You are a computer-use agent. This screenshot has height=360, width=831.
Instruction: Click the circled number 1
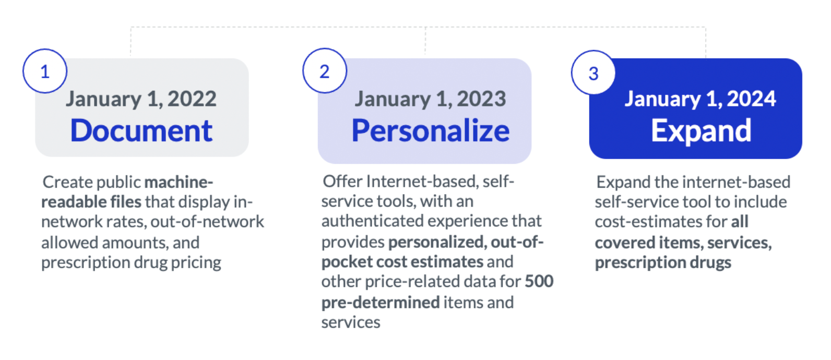coord(45,71)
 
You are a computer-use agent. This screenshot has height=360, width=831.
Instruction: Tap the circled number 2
coord(325,70)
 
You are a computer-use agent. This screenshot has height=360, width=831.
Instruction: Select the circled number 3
coord(593,73)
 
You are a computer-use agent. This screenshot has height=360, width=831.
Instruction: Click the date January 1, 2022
coord(141,99)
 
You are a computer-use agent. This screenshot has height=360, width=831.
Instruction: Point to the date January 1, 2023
coord(430,99)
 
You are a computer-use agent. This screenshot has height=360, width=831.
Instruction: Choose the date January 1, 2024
coord(700,99)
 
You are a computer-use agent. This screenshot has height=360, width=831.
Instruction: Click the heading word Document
coord(141,130)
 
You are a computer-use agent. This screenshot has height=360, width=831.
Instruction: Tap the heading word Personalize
coord(430,130)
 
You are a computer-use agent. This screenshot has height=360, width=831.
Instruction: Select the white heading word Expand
coord(701,131)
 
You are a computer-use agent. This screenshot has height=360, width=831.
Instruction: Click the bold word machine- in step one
coord(179,182)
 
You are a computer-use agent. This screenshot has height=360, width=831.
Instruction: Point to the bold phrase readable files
coord(91,202)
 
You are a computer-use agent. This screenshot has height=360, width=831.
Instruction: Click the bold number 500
coord(539,281)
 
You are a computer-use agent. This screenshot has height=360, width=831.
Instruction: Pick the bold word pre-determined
coord(381,303)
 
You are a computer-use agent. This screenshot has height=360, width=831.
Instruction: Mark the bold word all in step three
coord(740,222)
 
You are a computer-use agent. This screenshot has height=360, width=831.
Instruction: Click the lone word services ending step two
coord(351,322)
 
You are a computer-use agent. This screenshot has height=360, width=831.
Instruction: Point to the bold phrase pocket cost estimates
coord(402,262)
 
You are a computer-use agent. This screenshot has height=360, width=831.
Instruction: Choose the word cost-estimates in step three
coord(648,222)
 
